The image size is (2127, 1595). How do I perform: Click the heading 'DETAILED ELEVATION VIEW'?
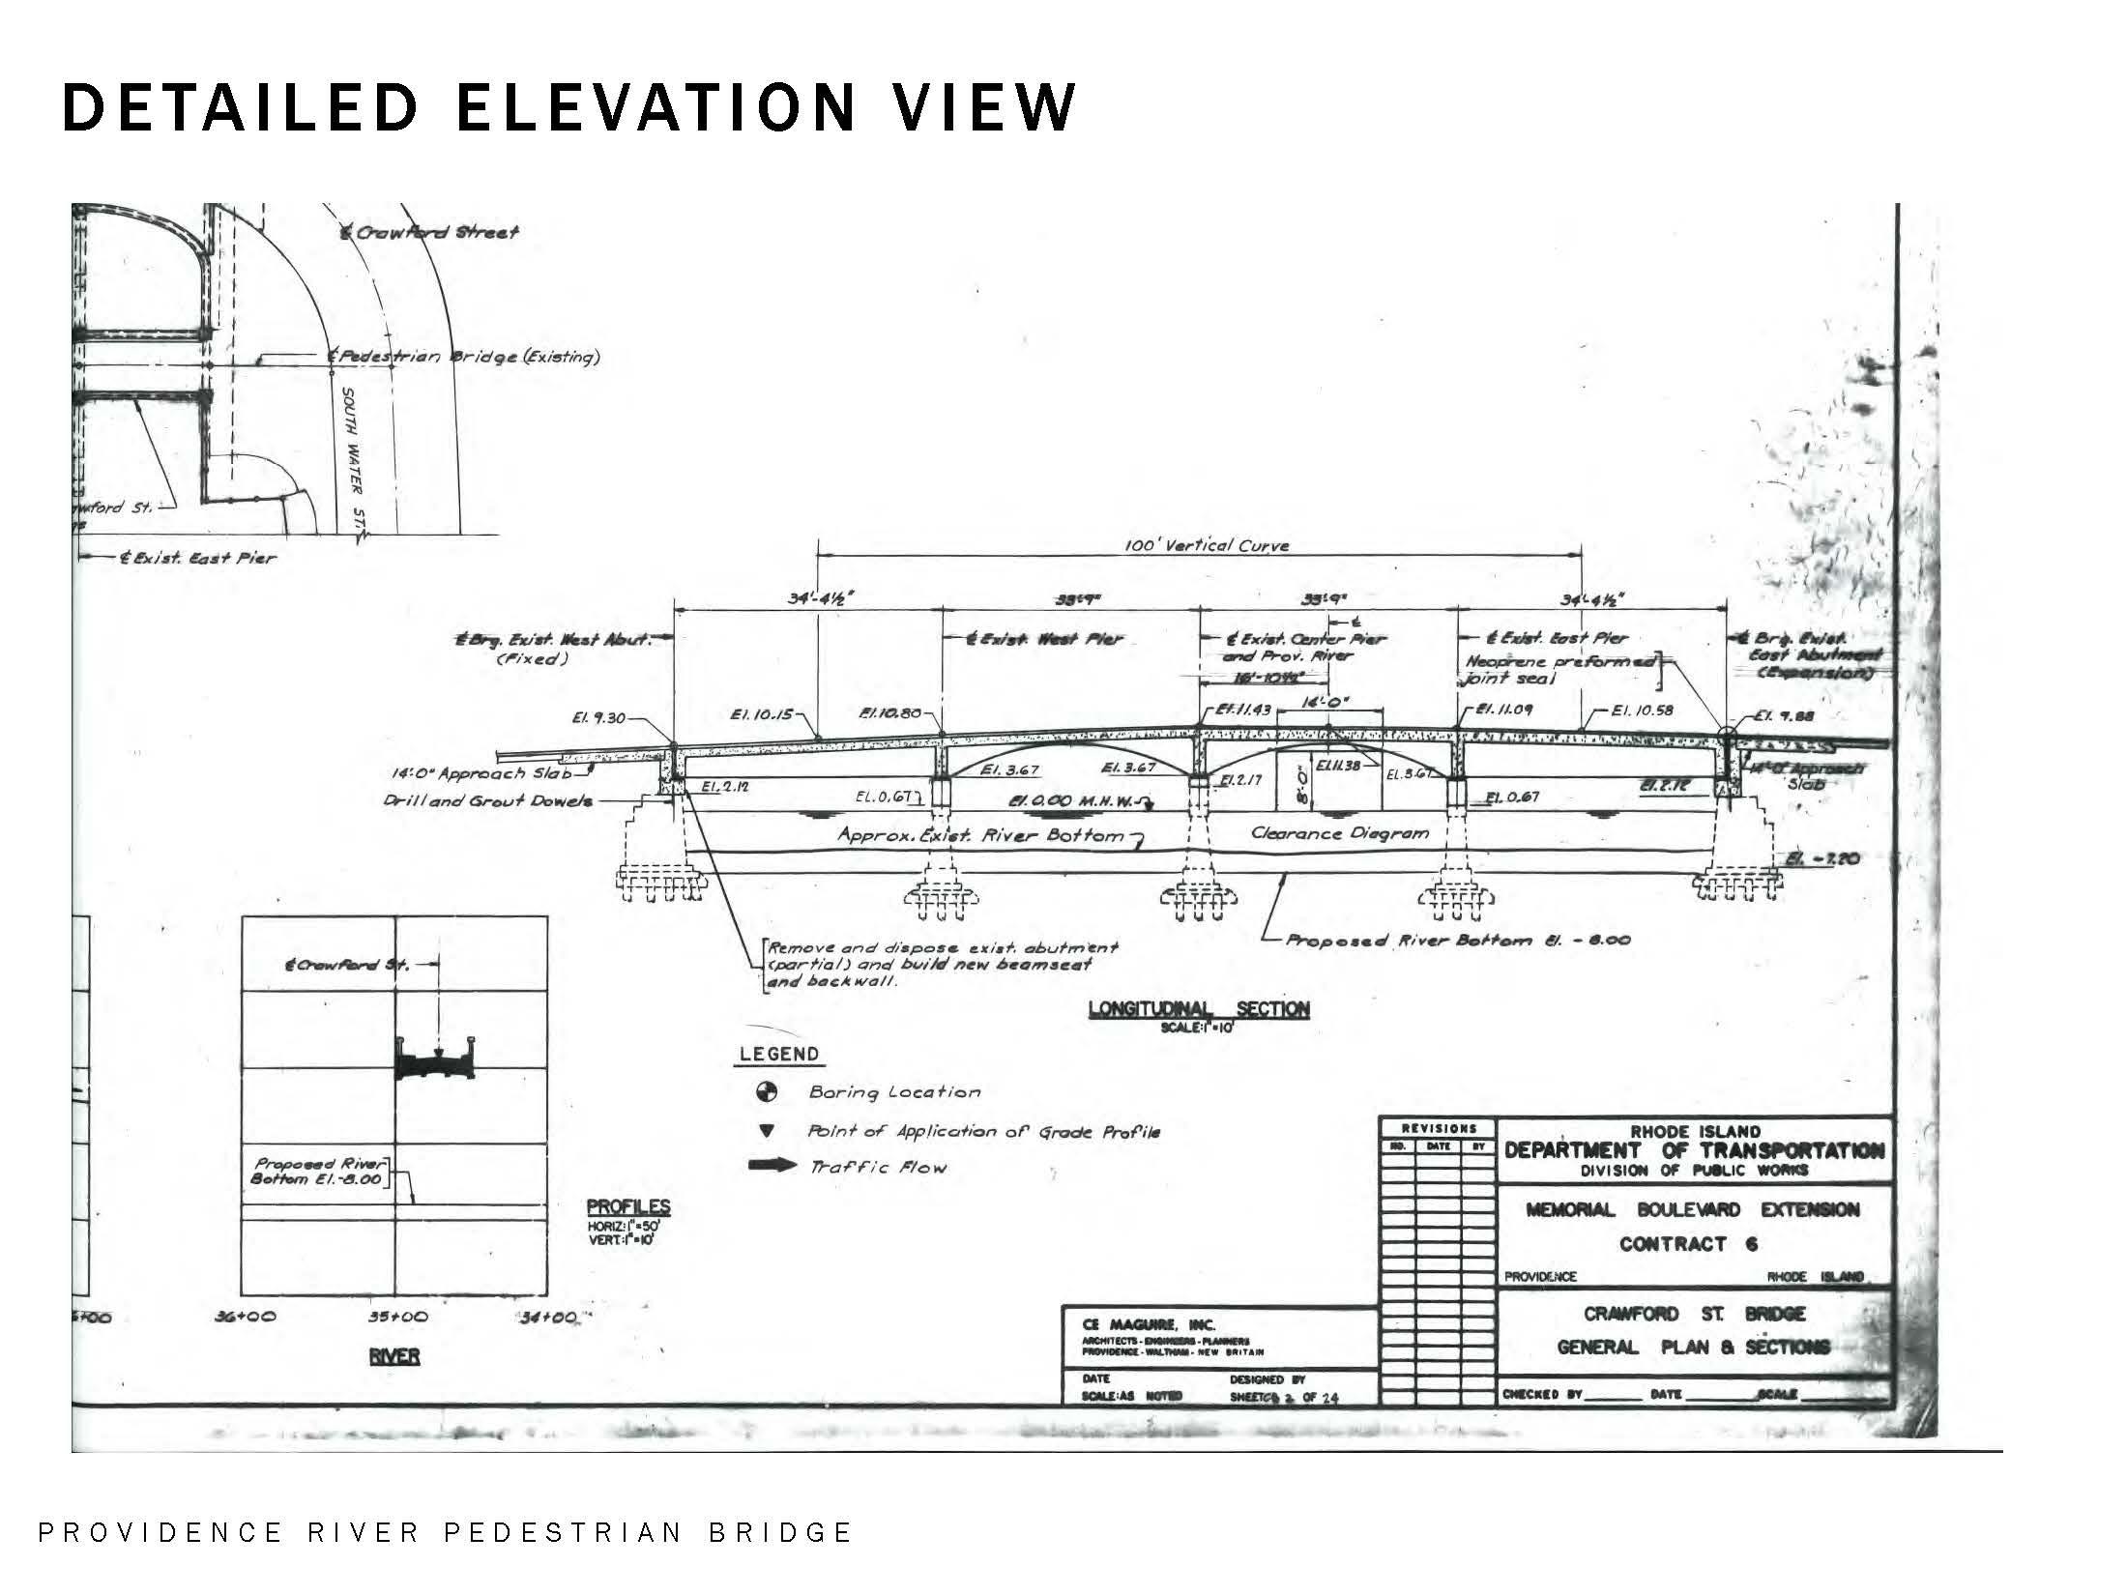pyautogui.click(x=568, y=106)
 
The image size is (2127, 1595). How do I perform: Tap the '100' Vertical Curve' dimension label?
pyautogui.click(x=1207, y=545)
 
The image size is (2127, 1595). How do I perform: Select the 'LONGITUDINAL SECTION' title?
pyautogui.click(x=1199, y=1009)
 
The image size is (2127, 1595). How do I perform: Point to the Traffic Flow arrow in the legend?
pyautogui.click(x=772, y=1166)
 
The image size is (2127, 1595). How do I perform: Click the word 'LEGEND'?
pyautogui.click(x=778, y=1054)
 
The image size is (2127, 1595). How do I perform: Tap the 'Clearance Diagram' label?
pyautogui.click(x=1339, y=832)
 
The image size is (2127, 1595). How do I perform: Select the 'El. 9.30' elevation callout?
pyautogui.click(x=598, y=718)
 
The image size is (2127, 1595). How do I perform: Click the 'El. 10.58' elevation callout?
pyautogui.click(x=1643, y=710)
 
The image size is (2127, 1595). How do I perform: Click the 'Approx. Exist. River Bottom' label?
pyautogui.click(x=981, y=835)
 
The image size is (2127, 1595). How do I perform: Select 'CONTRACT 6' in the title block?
pyautogui.click(x=1688, y=1244)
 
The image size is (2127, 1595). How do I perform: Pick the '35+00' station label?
pyautogui.click(x=398, y=1317)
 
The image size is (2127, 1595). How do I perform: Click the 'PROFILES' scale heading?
pyautogui.click(x=628, y=1207)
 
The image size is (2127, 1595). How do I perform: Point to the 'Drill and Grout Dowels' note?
pyautogui.click(x=487, y=800)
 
